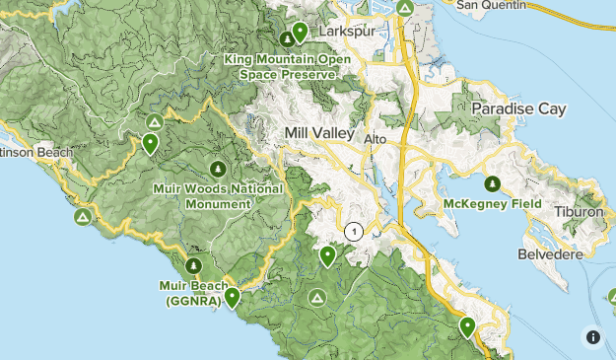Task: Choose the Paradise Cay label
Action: [518, 108]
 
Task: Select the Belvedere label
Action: [551, 254]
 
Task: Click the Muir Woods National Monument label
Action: [218, 195]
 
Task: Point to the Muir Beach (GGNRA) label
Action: [193, 293]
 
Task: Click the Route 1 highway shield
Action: [355, 232]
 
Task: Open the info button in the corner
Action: [593, 337]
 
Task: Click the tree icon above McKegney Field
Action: [491, 182]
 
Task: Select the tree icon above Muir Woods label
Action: [217, 167]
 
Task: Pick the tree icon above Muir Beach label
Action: [194, 265]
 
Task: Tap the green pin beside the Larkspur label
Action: [300, 33]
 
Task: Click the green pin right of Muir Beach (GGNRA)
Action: [232, 296]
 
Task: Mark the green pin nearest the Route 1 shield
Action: [328, 256]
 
